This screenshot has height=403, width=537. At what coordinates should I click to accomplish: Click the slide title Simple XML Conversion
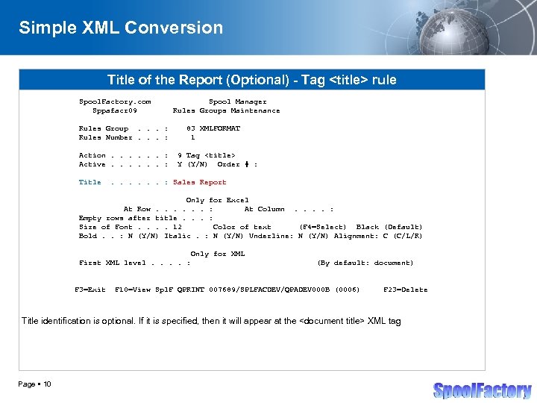121,28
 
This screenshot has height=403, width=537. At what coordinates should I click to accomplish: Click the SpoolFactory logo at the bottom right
483,390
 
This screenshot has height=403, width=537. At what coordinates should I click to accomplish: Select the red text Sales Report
199,182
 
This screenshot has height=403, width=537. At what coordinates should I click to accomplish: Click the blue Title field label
89,182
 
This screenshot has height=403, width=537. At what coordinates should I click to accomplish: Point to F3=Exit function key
89,290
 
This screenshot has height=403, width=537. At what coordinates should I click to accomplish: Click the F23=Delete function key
405,290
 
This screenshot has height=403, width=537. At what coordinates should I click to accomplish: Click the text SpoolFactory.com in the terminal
115,101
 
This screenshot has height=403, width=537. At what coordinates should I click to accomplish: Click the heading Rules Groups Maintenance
226,110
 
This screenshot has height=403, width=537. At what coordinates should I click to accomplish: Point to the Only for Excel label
217,200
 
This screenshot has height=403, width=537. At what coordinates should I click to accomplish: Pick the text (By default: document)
365,263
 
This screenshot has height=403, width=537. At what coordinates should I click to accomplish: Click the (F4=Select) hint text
322,227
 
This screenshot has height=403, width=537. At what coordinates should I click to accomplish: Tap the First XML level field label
112,263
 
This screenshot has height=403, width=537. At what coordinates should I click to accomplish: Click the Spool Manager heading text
237,101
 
